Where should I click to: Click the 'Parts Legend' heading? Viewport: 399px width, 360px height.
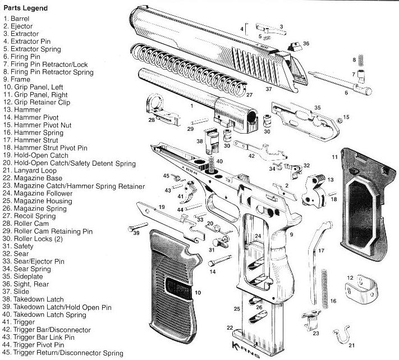(26, 8)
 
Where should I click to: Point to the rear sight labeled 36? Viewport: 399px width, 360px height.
(292, 45)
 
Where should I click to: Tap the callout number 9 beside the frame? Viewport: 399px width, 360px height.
(291, 233)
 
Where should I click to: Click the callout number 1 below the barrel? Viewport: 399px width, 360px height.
(192, 106)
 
